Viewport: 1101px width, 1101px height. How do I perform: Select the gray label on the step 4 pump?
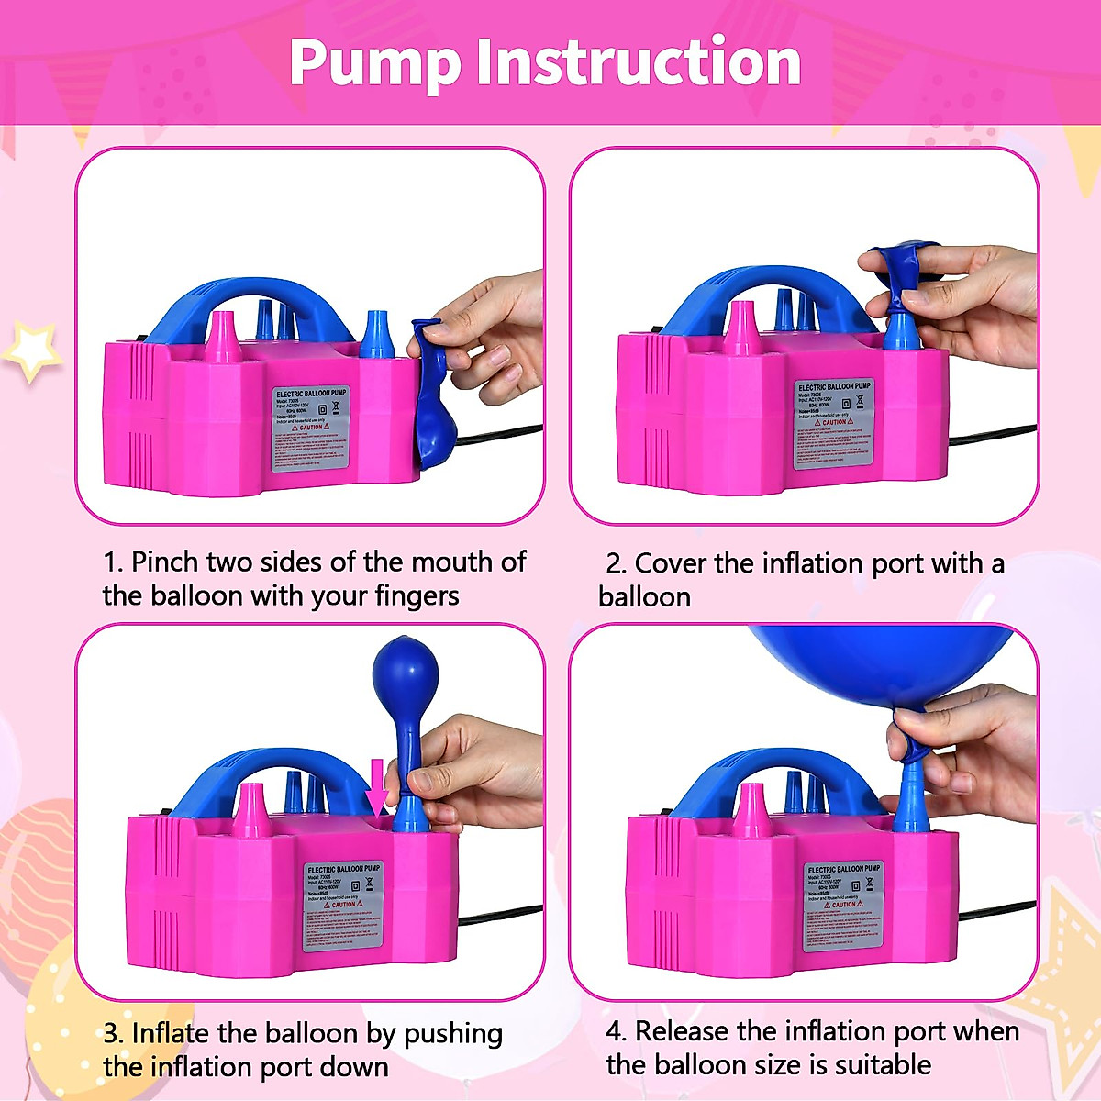tap(842, 905)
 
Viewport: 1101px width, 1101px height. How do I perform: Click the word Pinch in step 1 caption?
tap(165, 562)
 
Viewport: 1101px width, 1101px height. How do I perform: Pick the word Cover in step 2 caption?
tap(670, 563)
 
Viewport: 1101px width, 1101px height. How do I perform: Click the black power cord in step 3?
tap(500, 914)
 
